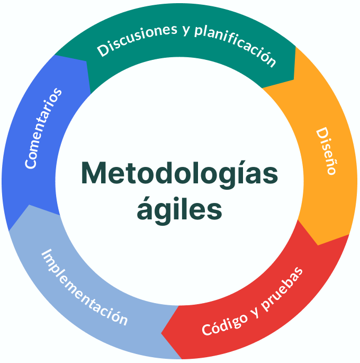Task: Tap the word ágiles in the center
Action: pyautogui.click(x=179, y=209)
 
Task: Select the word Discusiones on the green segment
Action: pyautogui.click(x=137, y=40)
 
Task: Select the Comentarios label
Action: pyautogui.click(x=43, y=129)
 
